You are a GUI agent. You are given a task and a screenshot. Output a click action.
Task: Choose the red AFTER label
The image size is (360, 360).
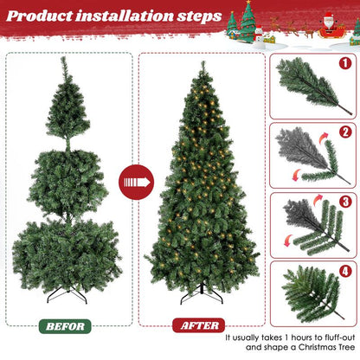tap(197, 325)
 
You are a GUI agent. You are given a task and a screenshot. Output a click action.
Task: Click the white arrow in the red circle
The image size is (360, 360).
tap(136, 183)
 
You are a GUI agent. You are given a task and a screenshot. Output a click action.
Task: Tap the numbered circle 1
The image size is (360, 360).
tap(344, 63)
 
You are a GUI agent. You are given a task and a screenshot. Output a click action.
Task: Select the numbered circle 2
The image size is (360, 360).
tap(344, 132)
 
